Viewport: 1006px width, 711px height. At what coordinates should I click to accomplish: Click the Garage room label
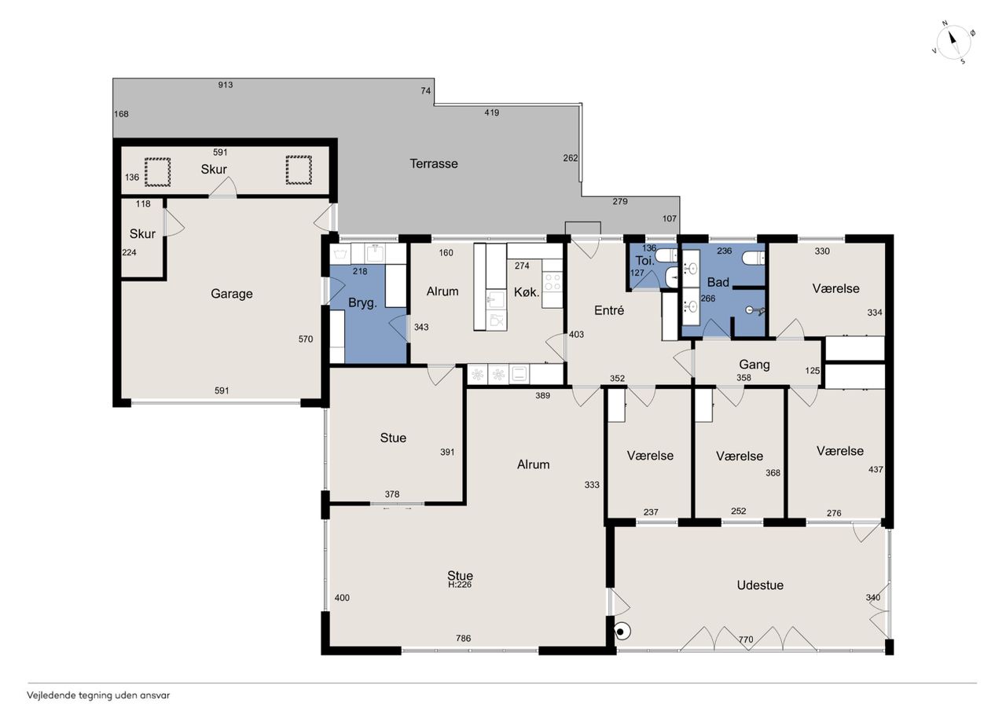(232, 294)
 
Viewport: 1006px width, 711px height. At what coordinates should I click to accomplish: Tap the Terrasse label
(433, 163)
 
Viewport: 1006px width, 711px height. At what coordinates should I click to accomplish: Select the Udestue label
(760, 585)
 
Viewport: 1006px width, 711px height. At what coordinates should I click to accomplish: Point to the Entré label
(609, 310)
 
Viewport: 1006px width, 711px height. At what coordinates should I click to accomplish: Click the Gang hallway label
(754, 365)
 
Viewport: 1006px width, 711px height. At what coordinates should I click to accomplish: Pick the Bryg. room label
(362, 303)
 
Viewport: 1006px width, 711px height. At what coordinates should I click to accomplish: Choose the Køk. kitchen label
(527, 292)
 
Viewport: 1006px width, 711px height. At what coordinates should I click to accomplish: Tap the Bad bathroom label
(718, 282)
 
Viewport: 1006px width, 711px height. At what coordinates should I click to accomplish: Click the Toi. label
(645, 261)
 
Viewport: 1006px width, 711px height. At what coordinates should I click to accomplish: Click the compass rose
(953, 42)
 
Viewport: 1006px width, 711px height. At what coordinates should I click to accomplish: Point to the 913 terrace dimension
(226, 85)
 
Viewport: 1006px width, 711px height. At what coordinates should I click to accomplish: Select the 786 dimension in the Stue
(464, 638)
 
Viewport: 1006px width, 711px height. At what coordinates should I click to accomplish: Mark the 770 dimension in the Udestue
(746, 640)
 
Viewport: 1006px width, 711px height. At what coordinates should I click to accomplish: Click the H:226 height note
(460, 585)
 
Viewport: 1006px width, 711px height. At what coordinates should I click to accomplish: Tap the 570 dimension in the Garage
(306, 339)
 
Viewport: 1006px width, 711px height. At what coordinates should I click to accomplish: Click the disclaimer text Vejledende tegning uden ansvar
(98, 696)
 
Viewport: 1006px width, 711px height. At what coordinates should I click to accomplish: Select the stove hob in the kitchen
(553, 283)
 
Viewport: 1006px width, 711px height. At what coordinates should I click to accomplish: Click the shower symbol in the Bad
(754, 310)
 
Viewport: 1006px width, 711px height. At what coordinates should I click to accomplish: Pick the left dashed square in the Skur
(157, 172)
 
